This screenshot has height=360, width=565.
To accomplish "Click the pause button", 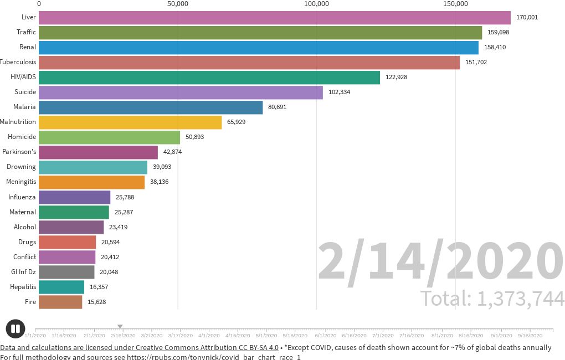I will [16, 329].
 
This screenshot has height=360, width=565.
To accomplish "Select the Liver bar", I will [274, 17].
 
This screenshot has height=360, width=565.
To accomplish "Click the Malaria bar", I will [151, 107].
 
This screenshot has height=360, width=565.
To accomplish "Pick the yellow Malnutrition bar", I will [130, 122].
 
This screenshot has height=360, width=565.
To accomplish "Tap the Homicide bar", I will [109, 137].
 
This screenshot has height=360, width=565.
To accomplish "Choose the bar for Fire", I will [60, 302].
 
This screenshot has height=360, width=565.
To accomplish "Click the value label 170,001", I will [527, 17].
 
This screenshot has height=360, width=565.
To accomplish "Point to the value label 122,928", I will [396, 77].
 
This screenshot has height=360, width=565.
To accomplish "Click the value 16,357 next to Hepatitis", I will [100, 287].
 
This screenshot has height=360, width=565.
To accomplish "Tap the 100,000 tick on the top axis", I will [317, 4].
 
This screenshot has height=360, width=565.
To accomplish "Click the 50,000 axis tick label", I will [178, 4].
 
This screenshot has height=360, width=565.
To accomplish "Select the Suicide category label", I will [25, 92].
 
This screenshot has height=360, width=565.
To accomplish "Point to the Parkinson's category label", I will [19, 152].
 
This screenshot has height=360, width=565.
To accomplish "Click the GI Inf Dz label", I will [24, 272].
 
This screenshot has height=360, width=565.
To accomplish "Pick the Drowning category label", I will [21, 167].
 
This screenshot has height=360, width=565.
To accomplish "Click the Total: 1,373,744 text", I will [492, 299].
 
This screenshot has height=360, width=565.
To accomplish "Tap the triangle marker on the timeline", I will [120, 326].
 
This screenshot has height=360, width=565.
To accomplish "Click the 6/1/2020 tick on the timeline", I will [325, 335].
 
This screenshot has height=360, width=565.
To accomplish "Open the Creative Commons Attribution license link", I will [139, 347].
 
